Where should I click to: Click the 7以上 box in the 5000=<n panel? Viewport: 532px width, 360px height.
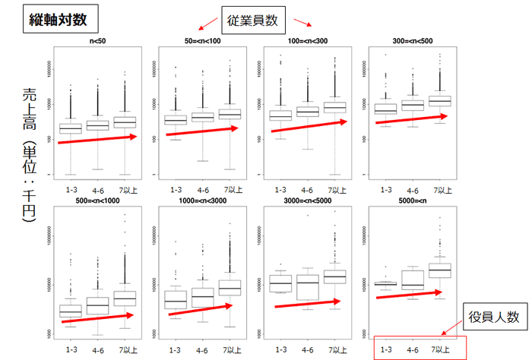coord(440,271)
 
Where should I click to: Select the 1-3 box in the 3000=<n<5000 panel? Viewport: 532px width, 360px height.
coord(280,283)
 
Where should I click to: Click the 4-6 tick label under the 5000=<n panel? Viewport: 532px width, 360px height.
coord(413,349)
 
